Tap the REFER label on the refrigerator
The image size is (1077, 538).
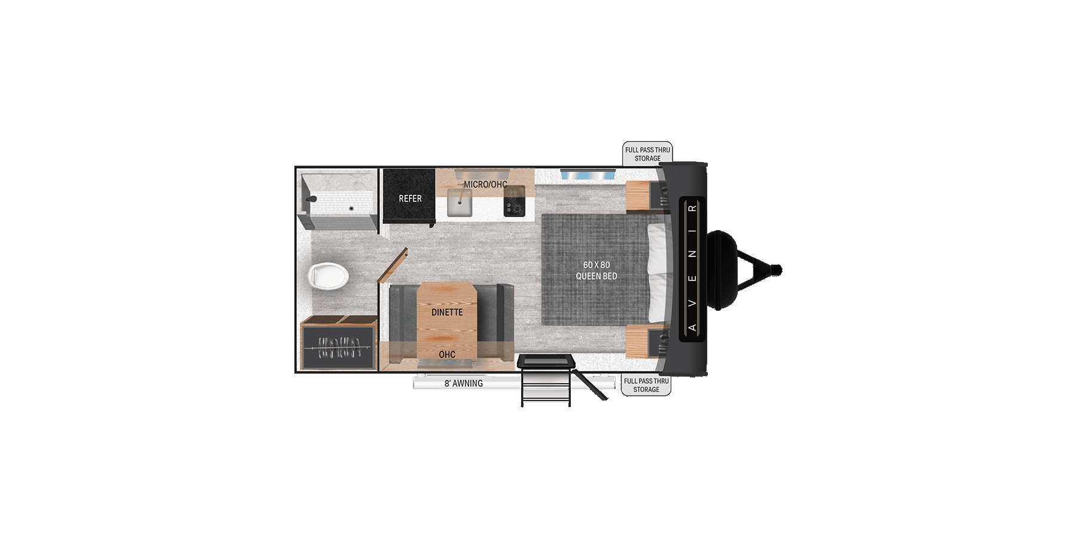click(410, 198)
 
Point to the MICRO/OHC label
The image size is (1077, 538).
click(485, 184)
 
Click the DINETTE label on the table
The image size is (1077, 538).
click(447, 312)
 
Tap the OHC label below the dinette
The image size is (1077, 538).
click(447, 354)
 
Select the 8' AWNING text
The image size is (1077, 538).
click(463, 383)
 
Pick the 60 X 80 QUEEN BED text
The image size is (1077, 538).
click(596, 270)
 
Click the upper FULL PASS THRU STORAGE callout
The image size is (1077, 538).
click(647, 154)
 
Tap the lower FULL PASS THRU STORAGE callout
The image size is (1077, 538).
click(646, 385)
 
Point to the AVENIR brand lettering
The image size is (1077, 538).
click(692, 268)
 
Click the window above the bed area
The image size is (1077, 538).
click(588, 174)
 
